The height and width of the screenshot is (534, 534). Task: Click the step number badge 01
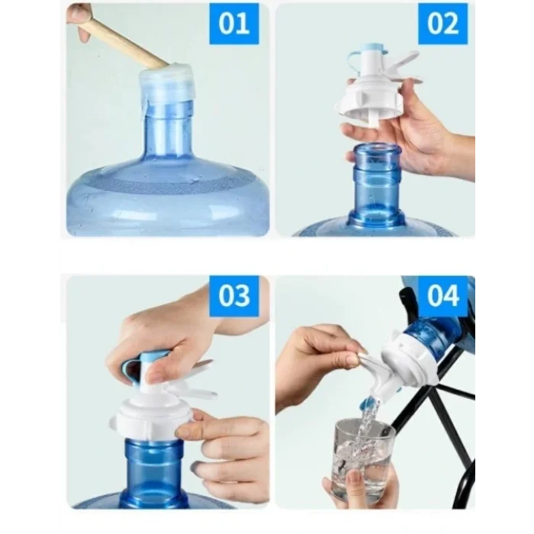coord(233,24)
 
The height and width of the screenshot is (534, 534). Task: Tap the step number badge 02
coord(442,24)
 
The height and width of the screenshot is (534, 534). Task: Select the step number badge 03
coord(233,295)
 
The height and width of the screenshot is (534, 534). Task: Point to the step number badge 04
coord(442,295)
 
